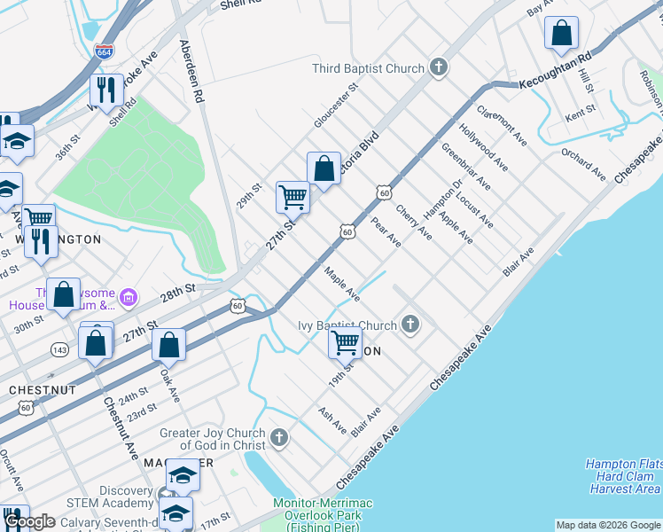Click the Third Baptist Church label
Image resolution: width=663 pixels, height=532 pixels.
coord(368,68)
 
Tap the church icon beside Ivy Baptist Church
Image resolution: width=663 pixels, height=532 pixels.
coord(409,325)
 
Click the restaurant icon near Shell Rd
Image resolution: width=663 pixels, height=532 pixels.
coord(105,90)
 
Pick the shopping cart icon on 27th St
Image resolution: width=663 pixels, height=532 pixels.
coord(292,197)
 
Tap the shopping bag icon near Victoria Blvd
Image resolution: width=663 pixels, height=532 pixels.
coord(324,168)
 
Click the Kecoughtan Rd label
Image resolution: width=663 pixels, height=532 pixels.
coord(555,70)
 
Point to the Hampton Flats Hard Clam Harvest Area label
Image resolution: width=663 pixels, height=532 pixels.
coord(623,476)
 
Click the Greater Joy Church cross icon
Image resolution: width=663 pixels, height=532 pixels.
coord(278,437)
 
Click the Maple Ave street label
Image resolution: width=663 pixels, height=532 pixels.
coord(342,284)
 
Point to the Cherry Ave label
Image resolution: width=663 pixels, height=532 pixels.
coord(414,223)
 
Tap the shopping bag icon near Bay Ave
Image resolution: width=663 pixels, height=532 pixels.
coord(561,34)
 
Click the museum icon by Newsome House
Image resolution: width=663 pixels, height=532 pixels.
coord(129,296)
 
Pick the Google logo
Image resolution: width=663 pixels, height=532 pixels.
coord(29,521)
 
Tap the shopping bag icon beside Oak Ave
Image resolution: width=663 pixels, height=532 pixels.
coord(168,345)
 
